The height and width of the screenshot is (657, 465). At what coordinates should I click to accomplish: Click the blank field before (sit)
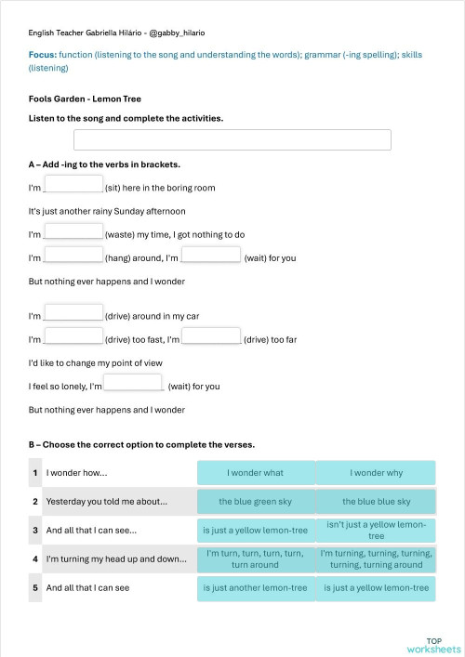click(x=73, y=184)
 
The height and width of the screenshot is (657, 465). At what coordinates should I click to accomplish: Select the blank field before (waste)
click(x=73, y=231)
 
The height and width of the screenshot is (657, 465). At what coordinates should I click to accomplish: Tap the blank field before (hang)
click(x=73, y=255)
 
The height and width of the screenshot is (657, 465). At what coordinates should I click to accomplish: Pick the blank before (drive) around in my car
click(x=73, y=313)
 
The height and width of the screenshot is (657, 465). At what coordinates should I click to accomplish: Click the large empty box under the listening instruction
click(x=232, y=140)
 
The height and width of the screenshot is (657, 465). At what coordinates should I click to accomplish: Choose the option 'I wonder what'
click(x=256, y=473)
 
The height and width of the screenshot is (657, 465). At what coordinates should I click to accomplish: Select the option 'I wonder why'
click(x=376, y=473)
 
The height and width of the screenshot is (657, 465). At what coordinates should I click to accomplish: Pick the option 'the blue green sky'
click(x=256, y=502)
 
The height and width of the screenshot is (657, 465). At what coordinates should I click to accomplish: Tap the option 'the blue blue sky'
click(x=376, y=502)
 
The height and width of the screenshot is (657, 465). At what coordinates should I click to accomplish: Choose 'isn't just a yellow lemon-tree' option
click(x=376, y=530)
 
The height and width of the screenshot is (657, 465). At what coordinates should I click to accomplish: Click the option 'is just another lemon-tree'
click(x=256, y=588)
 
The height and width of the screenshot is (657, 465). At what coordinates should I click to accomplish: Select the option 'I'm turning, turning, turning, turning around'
click(x=376, y=558)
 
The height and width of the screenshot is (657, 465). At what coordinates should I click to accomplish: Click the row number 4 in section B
click(x=35, y=559)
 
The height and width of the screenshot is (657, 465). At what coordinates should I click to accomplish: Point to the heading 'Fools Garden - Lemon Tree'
click(x=78, y=99)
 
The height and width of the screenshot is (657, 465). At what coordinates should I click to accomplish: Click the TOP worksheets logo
click(x=433, y=645)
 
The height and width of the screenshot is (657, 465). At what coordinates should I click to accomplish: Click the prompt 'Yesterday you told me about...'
click(x=107, y=502)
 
